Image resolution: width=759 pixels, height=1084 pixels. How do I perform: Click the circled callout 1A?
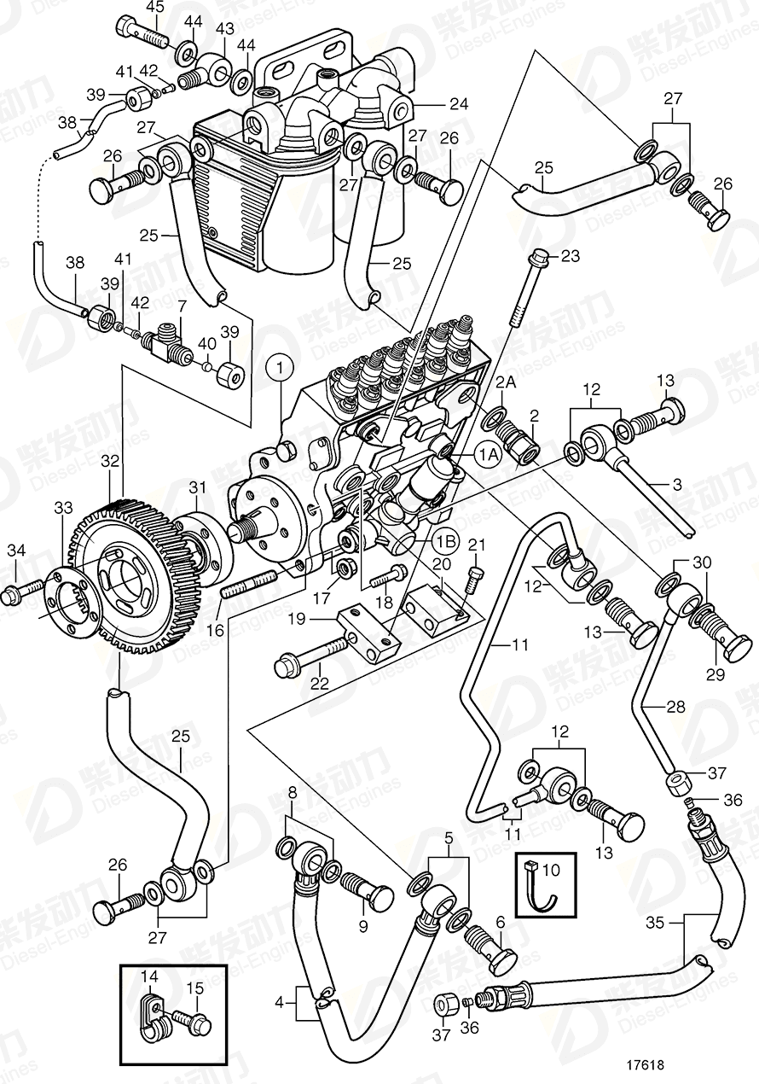coord(488,457)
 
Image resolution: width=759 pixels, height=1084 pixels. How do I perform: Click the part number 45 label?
coord(154,8)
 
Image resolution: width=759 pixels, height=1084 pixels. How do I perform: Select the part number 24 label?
coord(459,106)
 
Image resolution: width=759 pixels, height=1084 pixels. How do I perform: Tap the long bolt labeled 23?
coord(524,290)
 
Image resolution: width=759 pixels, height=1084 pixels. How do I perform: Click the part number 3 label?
coord(677,484)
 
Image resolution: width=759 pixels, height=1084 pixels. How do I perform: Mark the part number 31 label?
coord(198,487)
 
